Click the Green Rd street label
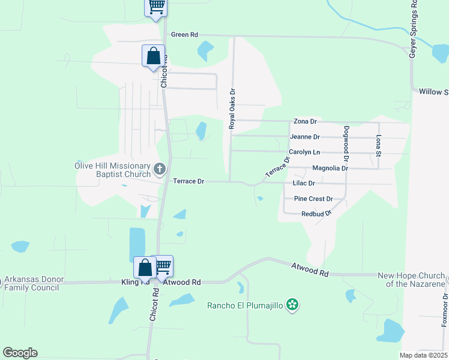184,35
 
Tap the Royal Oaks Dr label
232,109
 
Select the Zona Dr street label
304,122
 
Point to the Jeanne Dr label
304,137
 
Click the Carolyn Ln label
304,152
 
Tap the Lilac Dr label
303,183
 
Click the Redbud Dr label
316,214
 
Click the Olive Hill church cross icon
159,170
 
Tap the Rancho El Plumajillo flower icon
292,305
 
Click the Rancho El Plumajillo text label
245,305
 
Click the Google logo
19,353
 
